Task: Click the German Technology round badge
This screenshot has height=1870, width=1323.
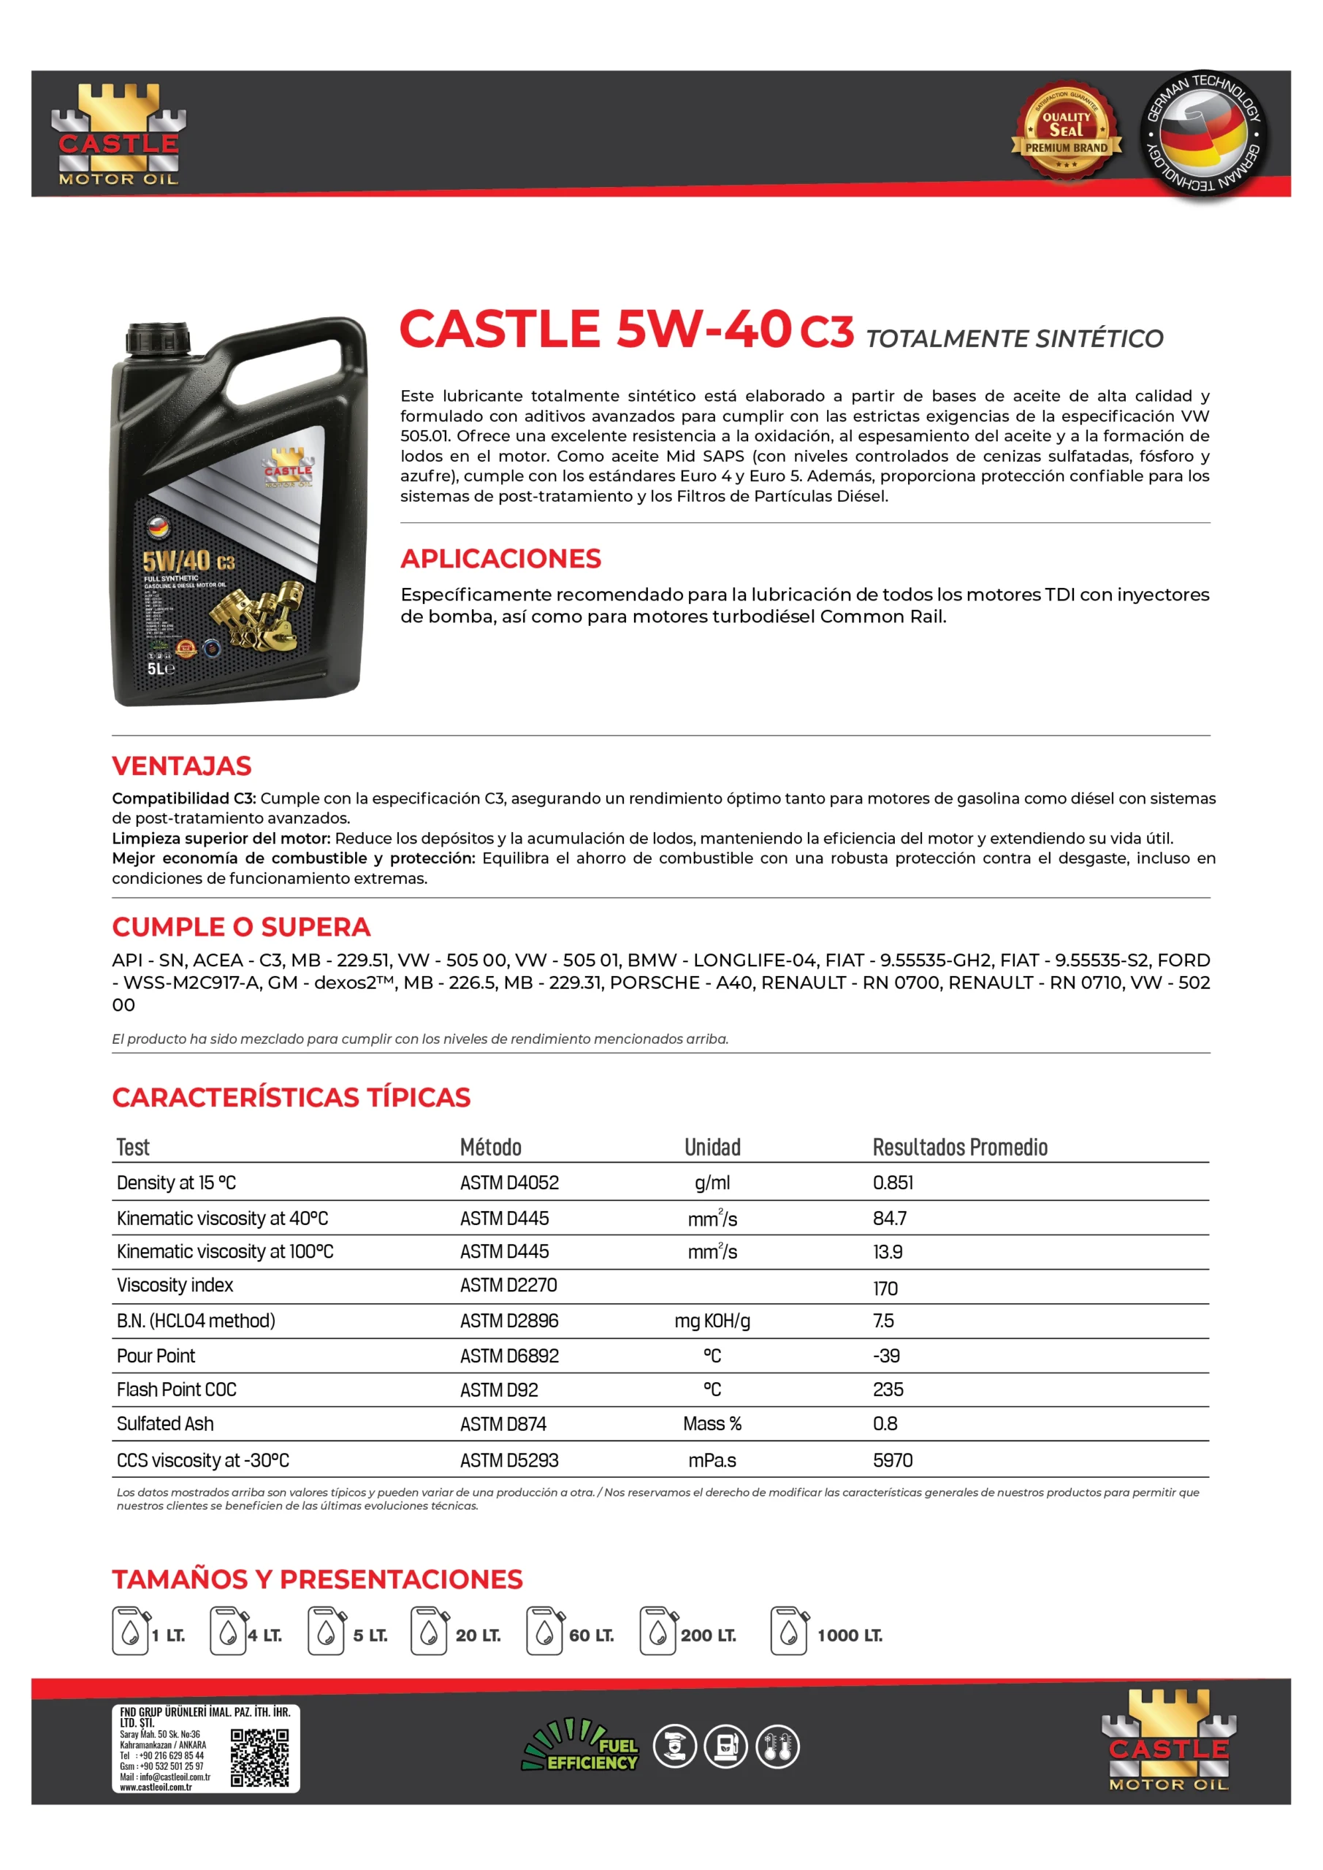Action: (1202, 134)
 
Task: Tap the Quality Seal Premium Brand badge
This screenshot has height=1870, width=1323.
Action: (1067, 131)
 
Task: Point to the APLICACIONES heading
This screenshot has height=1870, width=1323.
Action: (500, 559)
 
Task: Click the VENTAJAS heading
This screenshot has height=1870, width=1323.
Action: (182, 766)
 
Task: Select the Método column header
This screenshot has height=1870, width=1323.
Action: (490, 1147)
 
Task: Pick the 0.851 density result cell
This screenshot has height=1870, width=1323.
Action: (893, 1183)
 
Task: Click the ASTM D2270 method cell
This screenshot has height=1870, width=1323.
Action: (508, 1285)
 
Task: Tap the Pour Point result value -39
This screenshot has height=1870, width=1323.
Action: (885, 1355)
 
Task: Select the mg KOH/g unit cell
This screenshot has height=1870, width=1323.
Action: (712, 1320)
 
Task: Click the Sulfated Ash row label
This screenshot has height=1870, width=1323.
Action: (165, 1424)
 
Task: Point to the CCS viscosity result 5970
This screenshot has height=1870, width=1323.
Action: (893, 1460)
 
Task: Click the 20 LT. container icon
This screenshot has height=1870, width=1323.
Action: (430, 1630)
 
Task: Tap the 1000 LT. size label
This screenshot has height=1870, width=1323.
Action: (850, 1636)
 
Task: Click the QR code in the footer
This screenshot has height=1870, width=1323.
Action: (259, 1758)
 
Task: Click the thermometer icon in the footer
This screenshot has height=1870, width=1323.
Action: (777, 1747)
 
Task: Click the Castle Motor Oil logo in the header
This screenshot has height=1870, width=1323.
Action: (119, 135)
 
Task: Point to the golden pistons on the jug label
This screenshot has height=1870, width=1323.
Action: (256, 611)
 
